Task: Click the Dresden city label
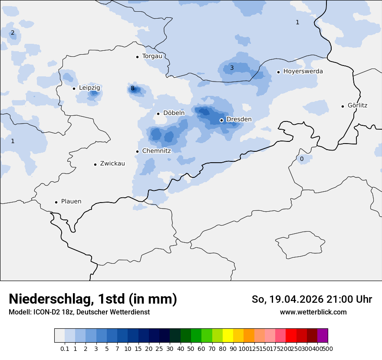(239, 119)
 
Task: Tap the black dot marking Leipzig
(74, 88)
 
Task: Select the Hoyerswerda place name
(303, 71)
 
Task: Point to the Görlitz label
(357, 105)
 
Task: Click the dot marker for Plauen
(56, 202)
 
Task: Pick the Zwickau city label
(112, 164)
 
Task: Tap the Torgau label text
(152, 56)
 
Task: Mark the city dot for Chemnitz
(137, 151)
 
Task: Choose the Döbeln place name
(174, 113)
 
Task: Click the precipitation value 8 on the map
(132, 88)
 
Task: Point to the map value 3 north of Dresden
(232, 68)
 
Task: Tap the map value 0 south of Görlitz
(302, 159)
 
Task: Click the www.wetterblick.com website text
(313, 312)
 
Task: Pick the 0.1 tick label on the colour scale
(65, 349)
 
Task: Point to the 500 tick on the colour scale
(328, 349)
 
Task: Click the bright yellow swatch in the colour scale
(228, 336)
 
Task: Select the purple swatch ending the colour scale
(323, 336)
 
